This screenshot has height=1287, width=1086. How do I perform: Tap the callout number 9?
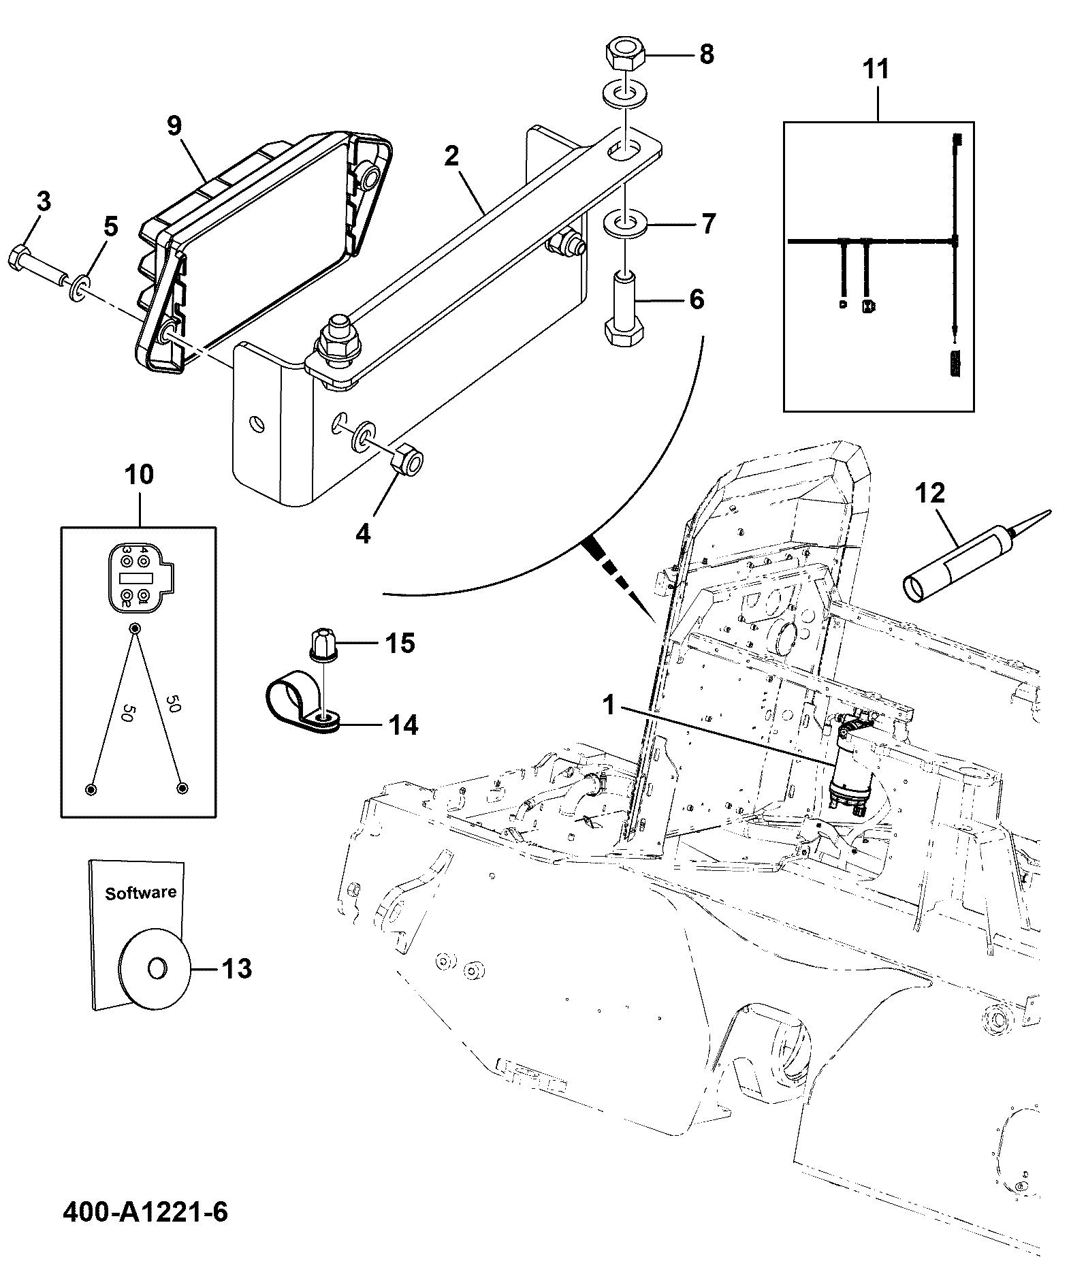174,126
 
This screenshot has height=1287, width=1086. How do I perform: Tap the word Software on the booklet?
140,893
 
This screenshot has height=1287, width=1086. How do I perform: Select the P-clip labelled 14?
302,705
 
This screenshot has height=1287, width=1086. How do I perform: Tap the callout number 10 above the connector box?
140,475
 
